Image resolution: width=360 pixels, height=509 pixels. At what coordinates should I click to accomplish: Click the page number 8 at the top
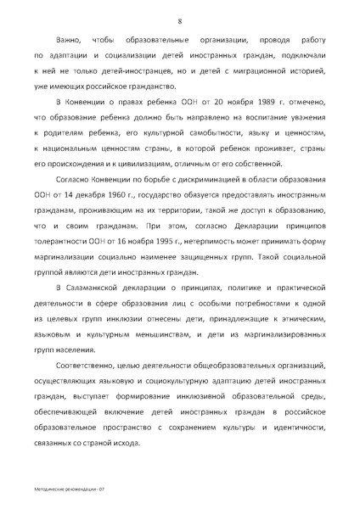[x=180, y=20]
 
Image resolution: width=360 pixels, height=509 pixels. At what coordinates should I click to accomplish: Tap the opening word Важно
[x=70, y=40]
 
